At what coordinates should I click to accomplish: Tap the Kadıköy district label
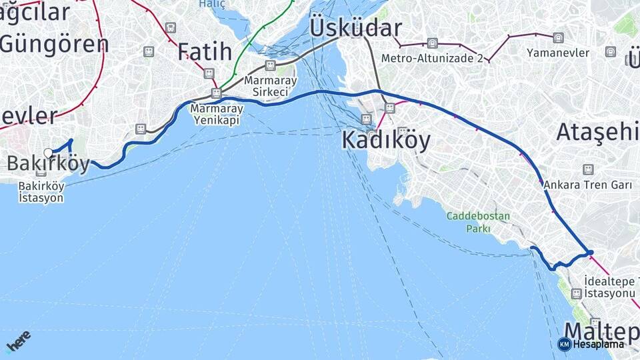coord(386,141)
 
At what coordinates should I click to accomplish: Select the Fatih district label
coord(204,51)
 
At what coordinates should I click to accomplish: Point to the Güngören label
coord(55,44)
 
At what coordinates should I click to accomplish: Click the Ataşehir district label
coord(597,132)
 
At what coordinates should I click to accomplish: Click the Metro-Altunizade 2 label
coord(432,59)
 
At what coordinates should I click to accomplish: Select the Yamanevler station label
coord(557,52)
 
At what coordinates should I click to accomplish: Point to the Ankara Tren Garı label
coord(587,185)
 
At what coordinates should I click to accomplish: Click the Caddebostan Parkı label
coord(478,222)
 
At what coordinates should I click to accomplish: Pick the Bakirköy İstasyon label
coord(41,191)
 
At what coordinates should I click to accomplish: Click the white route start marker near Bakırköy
coord(48,153)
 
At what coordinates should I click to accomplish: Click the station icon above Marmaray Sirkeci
coord(270,65)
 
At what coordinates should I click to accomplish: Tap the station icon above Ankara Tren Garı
coord(587,170)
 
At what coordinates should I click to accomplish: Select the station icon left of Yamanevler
coord(557,37)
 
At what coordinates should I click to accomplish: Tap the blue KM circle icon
coord(564,344)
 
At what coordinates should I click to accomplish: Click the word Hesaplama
coord(599,344)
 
